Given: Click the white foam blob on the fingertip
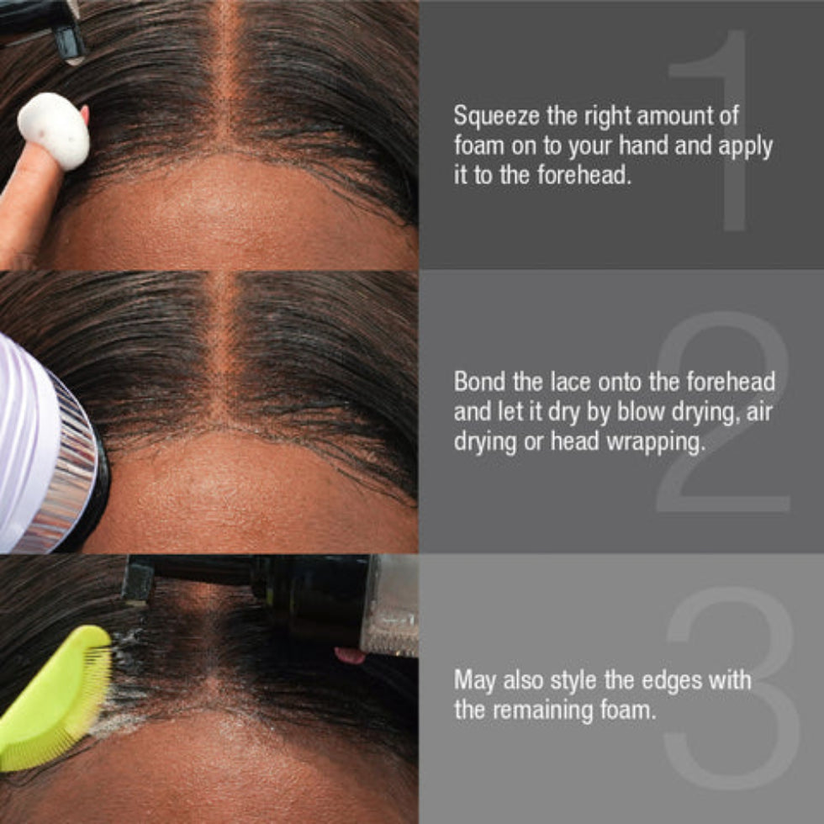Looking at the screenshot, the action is [53, 131].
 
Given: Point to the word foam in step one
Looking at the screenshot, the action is [478, 145].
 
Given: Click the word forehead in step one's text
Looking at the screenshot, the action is [584, 175].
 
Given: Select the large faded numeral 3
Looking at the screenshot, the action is [732, 688].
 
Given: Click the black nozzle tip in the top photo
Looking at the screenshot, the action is [69, 42].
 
